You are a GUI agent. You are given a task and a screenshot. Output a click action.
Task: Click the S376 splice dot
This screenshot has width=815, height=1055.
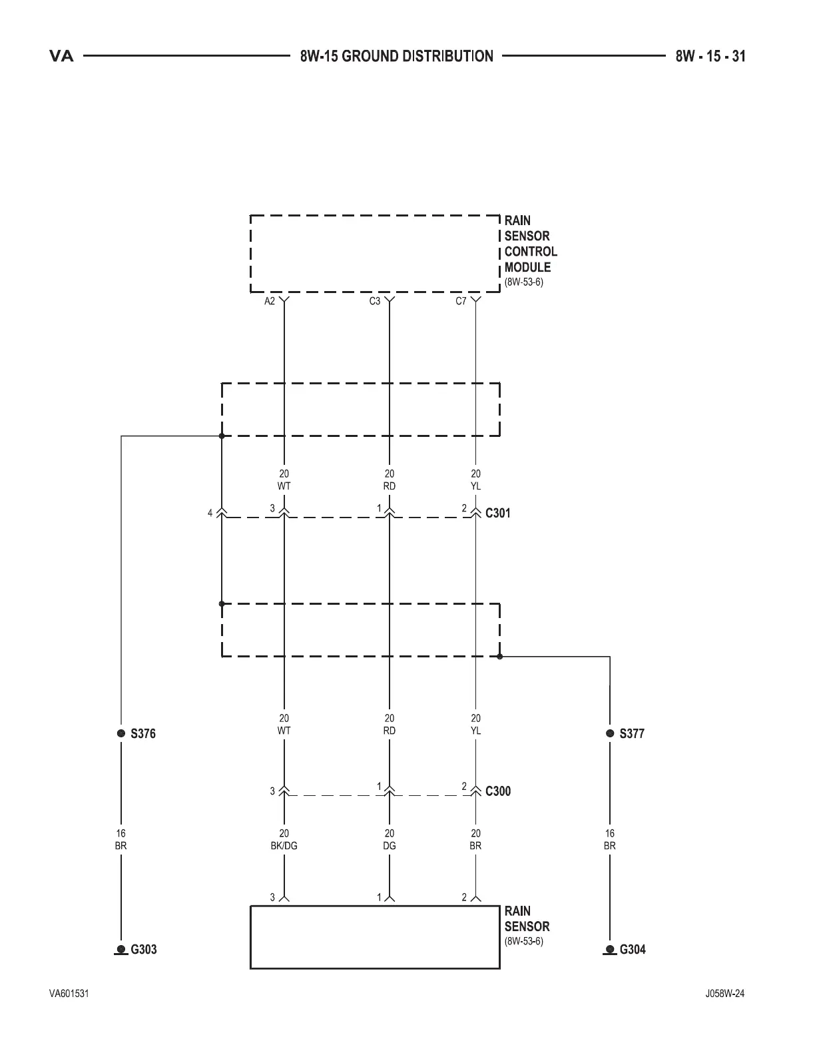click(121, 733)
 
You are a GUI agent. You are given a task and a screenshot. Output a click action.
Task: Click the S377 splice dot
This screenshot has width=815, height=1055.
click(610, 733)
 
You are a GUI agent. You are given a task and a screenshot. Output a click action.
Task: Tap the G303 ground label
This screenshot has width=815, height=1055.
click(143, 949)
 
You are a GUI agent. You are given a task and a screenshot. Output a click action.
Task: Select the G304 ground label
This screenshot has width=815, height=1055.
click(633, 949)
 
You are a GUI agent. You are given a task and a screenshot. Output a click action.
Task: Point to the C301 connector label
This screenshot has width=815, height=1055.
click(498, 514)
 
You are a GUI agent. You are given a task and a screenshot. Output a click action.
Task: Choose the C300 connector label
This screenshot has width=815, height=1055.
click(498, 791)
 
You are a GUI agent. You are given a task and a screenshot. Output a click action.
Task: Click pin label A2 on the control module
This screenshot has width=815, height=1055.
click(270, 302)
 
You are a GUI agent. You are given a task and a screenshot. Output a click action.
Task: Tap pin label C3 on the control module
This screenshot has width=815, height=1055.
click(375, 302)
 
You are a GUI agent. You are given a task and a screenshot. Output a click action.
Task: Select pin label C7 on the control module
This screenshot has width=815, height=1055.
click(461, 302)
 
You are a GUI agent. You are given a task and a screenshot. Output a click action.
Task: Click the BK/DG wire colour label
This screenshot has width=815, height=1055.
click(284, 846)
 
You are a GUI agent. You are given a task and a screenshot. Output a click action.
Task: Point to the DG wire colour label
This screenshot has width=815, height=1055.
click(390, 846)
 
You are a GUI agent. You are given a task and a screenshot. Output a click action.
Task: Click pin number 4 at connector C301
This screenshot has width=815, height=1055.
click(210, 513)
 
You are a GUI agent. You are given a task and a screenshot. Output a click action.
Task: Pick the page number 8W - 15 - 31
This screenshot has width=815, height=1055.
click(710, 57)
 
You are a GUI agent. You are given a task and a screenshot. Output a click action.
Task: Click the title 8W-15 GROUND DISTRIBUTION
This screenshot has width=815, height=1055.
click(397, 57)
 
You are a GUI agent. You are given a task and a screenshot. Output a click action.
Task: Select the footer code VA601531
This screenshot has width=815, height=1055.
click(69, 994)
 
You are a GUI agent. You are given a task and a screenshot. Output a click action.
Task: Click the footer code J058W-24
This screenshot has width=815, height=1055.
click(725, 994)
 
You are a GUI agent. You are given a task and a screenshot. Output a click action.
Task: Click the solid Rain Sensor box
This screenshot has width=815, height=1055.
click(375, 936)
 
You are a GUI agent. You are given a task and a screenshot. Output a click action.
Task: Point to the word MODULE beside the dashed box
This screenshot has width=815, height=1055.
click(527, 267)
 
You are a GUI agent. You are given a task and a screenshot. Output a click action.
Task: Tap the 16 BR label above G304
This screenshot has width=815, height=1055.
click(610, 840)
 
